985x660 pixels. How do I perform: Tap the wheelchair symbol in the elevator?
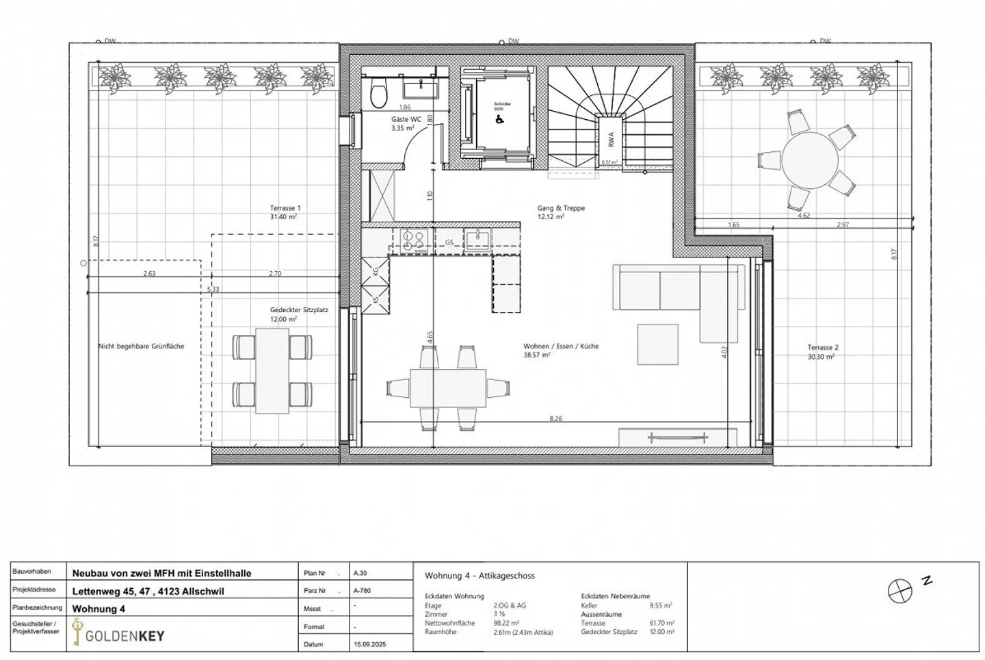[498, 118]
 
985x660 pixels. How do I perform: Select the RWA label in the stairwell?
[609, 139]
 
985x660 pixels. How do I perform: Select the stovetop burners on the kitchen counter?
[413, 240]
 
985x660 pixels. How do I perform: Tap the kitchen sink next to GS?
[477, 238]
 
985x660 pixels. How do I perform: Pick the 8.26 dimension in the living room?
[556, 418]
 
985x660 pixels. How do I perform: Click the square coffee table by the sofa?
[658, 344]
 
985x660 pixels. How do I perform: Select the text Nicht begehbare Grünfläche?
[141, 346]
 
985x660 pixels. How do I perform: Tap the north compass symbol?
[900, 591]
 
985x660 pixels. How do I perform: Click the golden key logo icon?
[77, 633]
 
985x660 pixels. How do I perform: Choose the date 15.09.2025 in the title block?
[369, 644]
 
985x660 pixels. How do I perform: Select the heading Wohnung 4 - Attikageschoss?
[480, 576]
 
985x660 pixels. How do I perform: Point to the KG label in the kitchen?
[375, 271]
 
